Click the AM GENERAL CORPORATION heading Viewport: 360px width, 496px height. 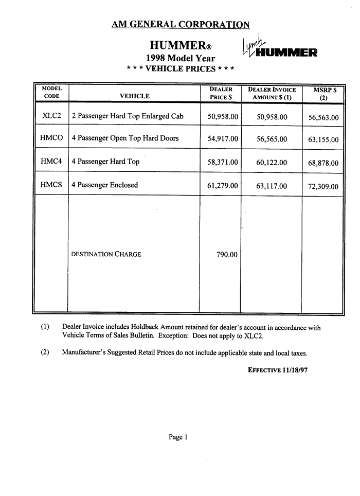coord(181,25)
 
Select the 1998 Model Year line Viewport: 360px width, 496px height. coord(181,58)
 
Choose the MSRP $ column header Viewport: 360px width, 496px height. coord(323,93)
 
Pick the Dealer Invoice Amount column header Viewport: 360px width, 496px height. coord(272,93)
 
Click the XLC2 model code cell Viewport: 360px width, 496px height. coord(51,116)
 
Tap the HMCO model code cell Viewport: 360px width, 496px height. coord(51,138)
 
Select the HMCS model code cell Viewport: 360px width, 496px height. coord(51,185)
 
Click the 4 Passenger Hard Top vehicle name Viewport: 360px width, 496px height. coord(105,162)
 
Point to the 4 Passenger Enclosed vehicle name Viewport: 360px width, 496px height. coord(105,185)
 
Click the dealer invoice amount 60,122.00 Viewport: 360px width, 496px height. coord(272,163)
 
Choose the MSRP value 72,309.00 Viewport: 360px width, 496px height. coord(323,187)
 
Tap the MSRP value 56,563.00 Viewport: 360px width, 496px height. coord(323,118)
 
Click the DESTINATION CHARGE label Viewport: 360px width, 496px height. coord(106,254)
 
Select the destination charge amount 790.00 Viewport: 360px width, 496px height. coord(227,254)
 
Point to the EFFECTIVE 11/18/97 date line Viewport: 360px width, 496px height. coord(278,370)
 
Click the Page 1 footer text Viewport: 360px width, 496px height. coord(178,437)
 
